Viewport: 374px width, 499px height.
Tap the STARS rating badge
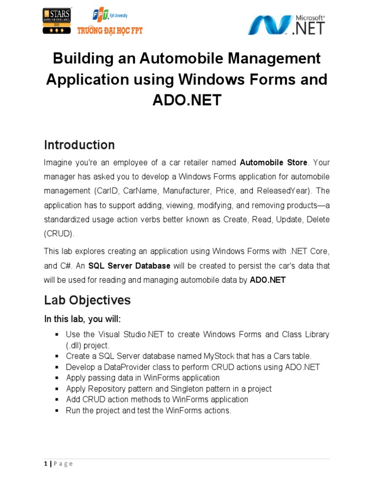(58, 20)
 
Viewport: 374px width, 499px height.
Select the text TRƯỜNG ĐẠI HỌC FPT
(110, 31)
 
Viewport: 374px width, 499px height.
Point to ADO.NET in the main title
(187, 100)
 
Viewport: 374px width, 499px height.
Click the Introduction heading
(79, 145)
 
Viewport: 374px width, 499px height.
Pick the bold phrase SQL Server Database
(129, 266)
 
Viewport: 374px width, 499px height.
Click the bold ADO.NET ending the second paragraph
(267, 280)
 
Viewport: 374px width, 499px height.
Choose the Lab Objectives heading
(87, 300)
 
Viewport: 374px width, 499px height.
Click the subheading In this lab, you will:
(82, 319)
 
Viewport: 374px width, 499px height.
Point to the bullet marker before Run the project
(57, 410)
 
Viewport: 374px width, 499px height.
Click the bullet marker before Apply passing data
(57, 378)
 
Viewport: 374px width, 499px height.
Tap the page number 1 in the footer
(45, 463)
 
